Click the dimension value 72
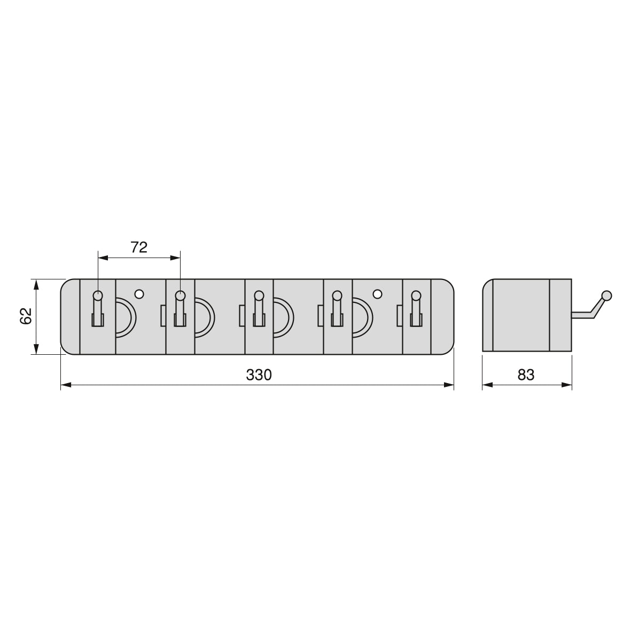pyautogui.click(x=139, y=247)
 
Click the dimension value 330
pyautogui.click(x=259, y=375)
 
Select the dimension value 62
pyautogui.click(x=26, y=316)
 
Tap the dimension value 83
pyautogui.click(x=526, y=375)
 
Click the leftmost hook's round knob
pyautogui.click(x=98, y=295)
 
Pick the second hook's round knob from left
pyautogui.click(x=180, y=295)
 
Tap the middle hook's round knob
pyautogui.click(x=259, y=295)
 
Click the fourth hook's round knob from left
pyautogui.click(x=337, y=295)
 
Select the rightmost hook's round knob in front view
pyautogui.click(x=416, y=295)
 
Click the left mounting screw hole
pyautogui.click(x=139, y=294)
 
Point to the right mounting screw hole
pyautogui.click(x=377, y=294)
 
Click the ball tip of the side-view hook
pyautogui.click(x=606, y=295)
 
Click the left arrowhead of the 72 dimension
pyautogui.click(x=102, y=258)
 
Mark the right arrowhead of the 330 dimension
pyautogui.click(x=450, y=384)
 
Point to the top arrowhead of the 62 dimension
pyautogui.click(x=36, y=283)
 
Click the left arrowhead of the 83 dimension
pyautogui.click(x=486, y=384)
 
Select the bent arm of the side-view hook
pyautogui.click(x=594, y=309)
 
